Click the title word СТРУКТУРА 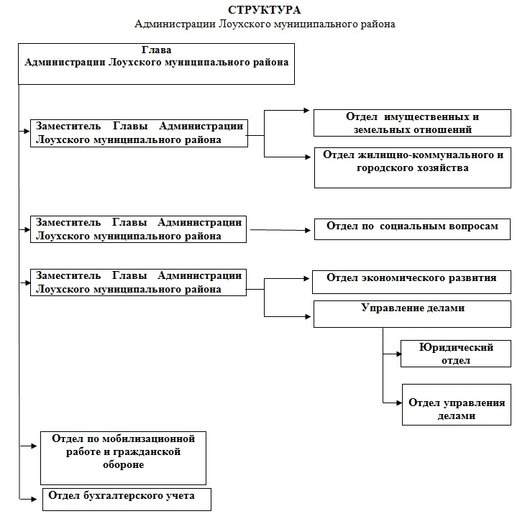click(265, 10)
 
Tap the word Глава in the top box click(156, 50)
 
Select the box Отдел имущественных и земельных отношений click(412, 123)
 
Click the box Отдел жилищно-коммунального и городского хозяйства click(412, 167)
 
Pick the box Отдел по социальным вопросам click(412, 229)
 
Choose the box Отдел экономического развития click(411, 282)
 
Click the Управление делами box click(412, 314)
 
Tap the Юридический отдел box click(456, 354)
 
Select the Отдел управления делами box click(457, 405)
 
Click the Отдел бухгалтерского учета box click(127, 500)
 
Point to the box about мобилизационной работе click(123, 458)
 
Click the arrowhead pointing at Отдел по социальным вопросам click(308, 231)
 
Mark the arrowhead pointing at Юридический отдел click(398, 354)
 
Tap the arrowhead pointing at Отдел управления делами click(399, 403)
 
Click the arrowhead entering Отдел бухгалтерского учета click(34, 499)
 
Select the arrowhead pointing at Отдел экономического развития click(306, 278)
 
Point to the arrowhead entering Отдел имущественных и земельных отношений click(306, 110)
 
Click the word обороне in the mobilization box click(124, 465)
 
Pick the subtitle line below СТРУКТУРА click(265, 24)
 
